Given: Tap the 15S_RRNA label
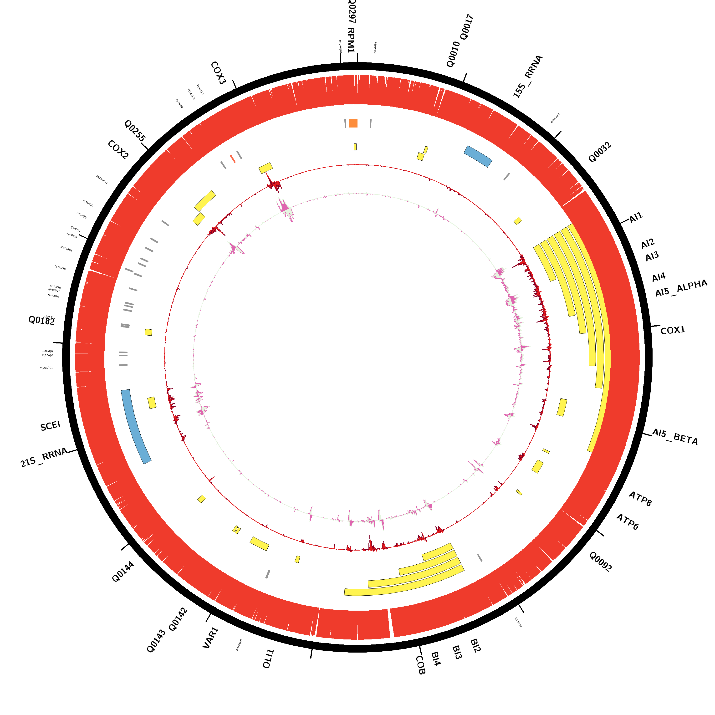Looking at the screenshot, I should point(528,77).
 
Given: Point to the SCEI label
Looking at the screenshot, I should point(50,426).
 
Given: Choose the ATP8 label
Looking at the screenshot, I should point(640,499).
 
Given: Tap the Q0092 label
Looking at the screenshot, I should point(600,562).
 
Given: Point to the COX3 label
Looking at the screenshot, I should point(218,73).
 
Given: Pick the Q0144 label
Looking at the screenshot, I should point(123,572).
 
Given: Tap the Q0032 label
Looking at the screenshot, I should point(600,152).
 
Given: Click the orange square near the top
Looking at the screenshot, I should point(353,123).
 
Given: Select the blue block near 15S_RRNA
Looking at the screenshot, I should point(478,156).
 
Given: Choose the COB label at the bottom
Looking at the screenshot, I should point(420,665).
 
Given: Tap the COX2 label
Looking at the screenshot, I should point(118,150).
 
